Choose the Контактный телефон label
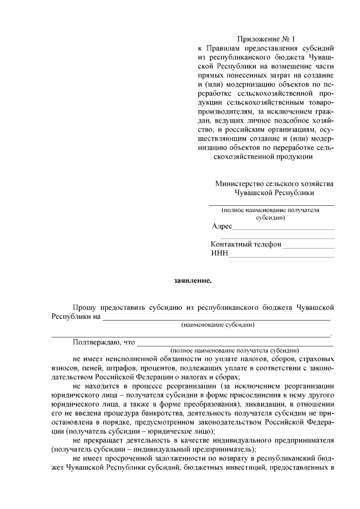point(246,245)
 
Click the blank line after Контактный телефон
point(308,246)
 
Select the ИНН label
point(219,254)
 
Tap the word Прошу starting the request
point(84,307)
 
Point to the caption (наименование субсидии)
point(218,325)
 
